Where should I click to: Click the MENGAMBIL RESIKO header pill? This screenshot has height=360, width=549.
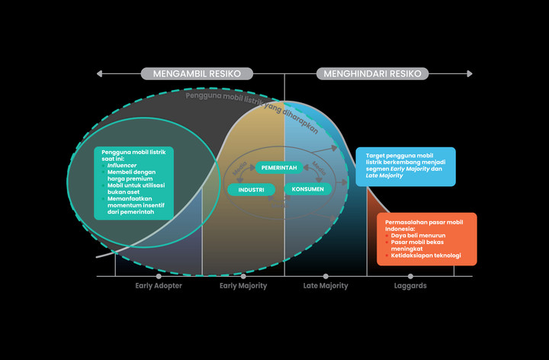[197, 74]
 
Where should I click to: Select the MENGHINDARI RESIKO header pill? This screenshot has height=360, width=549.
[373, 74]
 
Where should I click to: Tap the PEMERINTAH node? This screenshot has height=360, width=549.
[278, 167]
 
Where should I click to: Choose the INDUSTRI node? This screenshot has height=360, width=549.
[252, 189]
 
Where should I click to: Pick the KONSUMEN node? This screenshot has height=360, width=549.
[307, 189]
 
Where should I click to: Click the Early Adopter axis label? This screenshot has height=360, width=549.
[158, 286]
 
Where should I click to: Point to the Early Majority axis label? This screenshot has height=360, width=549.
[243, 286]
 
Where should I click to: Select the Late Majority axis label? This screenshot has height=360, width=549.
[326, 286]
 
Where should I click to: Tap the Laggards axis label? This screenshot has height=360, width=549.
[410, 286]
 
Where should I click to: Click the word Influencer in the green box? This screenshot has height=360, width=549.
[122, 165]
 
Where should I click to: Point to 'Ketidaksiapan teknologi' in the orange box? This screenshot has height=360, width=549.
[425, 256]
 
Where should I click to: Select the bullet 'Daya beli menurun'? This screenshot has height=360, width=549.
[418, 236]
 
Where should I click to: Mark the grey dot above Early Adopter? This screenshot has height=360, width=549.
[158, 276]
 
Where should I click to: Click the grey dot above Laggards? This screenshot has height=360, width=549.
[410, 276]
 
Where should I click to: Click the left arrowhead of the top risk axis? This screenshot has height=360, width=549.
[99, 74]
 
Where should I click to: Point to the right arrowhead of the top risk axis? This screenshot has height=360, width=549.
[470, 74]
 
